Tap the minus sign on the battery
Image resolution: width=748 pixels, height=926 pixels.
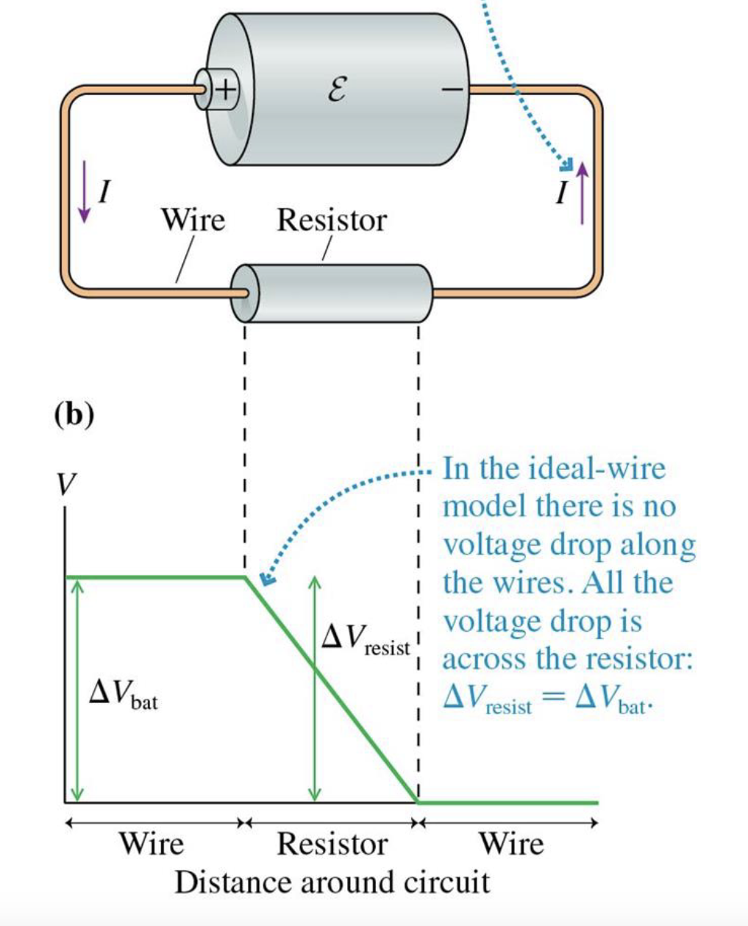(452, 90)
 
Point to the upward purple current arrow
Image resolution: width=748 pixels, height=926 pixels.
(583, 193)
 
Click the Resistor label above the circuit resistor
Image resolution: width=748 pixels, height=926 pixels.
(331, 220)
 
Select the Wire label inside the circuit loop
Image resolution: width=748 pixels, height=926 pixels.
(193, 219)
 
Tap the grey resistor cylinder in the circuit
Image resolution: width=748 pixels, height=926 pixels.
(335, 293)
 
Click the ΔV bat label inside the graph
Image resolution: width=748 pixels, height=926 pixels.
(123, 694)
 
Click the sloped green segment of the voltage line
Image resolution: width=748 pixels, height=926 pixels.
(331, 690)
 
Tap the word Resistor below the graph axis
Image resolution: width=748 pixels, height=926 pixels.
(332, 844)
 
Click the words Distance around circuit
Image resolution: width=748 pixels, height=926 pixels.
(332, 881)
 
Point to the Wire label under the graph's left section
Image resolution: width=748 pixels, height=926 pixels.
(152, 844)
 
